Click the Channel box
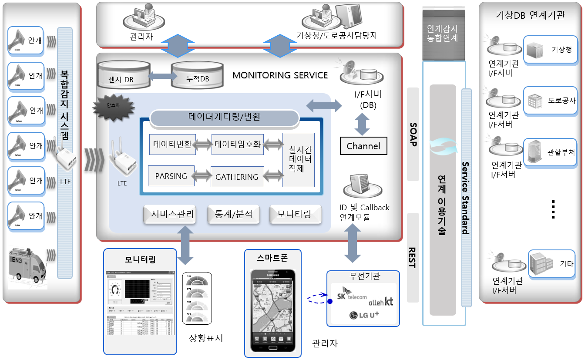363,146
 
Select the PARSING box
171,176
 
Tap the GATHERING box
237,177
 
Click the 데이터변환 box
172,145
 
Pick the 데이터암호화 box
238,145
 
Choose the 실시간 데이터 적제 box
299,160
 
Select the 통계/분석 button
233,214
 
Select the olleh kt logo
380,301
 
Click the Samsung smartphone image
273,310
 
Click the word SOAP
413,134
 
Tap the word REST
413,257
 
